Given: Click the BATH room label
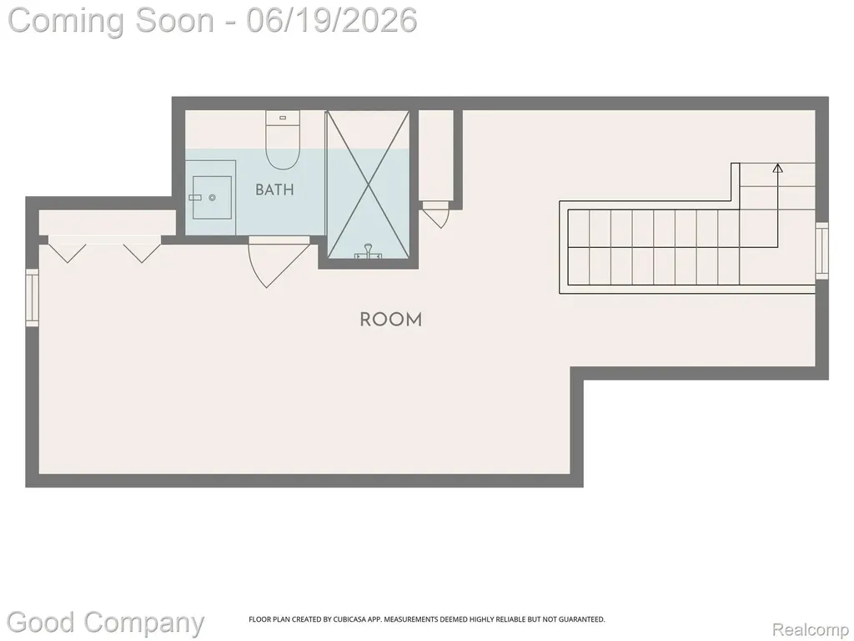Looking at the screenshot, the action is [274, 189].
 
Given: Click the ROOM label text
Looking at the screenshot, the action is [391, 320].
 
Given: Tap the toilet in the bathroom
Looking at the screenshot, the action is [284, 139].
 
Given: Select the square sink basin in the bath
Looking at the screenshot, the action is [213, 197].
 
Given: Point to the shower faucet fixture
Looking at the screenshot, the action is [368, 251].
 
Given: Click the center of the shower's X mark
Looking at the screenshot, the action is [369, 184].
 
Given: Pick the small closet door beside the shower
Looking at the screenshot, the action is [435, 215].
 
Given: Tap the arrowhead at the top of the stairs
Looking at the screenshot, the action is [778, 168].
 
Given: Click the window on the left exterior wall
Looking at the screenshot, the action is [33, 298].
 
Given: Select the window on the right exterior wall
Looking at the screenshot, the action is [821, 250].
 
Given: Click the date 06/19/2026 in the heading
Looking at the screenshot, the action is [332, 20].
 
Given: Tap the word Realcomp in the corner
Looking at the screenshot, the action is [811, 629].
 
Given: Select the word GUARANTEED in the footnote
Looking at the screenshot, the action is [583, 619].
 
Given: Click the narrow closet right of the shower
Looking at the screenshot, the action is [435, 155].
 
